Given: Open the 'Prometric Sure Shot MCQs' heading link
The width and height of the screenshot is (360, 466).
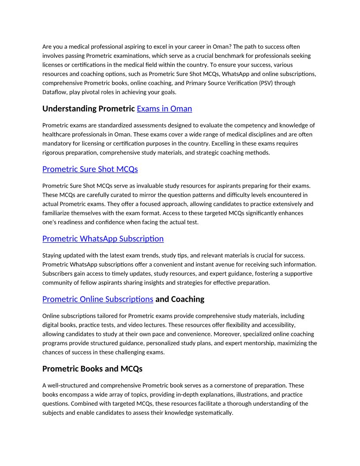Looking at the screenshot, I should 90,169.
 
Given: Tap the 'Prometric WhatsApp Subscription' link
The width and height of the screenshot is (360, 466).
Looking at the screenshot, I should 103,239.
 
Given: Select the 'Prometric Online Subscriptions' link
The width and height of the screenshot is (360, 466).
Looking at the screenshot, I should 97,299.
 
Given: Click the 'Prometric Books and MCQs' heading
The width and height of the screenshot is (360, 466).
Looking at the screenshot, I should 92,368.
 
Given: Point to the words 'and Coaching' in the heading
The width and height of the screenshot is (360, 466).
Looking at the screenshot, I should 180,299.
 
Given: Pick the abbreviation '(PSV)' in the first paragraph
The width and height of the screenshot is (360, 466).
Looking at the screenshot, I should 259,83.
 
